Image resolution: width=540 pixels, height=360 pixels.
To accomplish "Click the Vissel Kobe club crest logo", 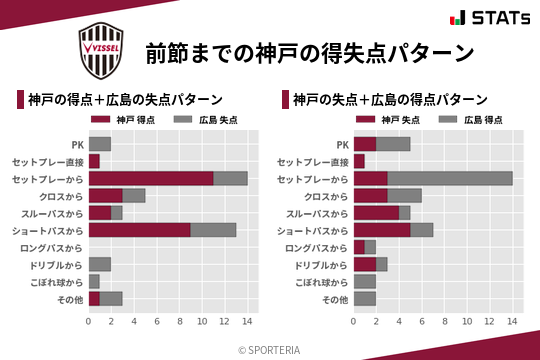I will pos(102,46).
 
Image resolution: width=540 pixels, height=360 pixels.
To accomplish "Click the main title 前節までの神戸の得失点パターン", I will pos(309,51).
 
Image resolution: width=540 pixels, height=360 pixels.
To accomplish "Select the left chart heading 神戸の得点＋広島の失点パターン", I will pos(124,100).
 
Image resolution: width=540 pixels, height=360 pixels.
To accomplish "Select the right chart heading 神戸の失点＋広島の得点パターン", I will pos(390,100).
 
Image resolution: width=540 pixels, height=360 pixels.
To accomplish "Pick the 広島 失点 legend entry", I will pos(200,120).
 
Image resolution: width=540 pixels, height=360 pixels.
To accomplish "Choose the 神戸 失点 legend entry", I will pos(391,120).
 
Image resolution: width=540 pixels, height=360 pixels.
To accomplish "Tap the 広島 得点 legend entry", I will pos(465,120).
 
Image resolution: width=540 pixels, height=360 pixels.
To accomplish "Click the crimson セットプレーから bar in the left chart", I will pos(151,178).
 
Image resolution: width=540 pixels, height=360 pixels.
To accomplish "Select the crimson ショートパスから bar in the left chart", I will pos(139,229).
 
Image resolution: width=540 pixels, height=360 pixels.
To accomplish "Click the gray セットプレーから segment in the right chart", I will pos(450,178).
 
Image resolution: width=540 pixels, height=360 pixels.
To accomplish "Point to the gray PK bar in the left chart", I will pos(100,144).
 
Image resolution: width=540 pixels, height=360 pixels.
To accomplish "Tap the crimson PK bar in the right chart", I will pos(365,144).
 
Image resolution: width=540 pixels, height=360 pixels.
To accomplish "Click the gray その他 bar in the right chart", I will pos(365,298).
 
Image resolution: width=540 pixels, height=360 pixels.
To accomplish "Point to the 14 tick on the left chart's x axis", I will pos(248,321).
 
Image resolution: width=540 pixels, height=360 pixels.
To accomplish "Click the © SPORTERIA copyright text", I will pos(270,349).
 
